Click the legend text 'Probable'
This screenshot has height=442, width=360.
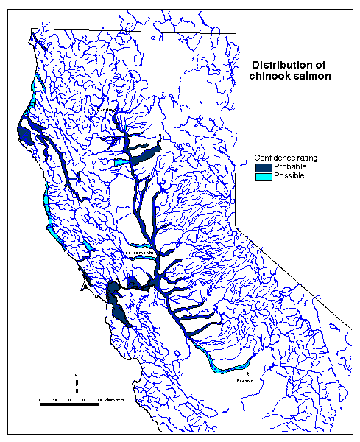(x=289, y=168)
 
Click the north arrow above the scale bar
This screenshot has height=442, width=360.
(x=77, y=382)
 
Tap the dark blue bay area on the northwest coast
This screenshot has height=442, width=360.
(x=27, y=136)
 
